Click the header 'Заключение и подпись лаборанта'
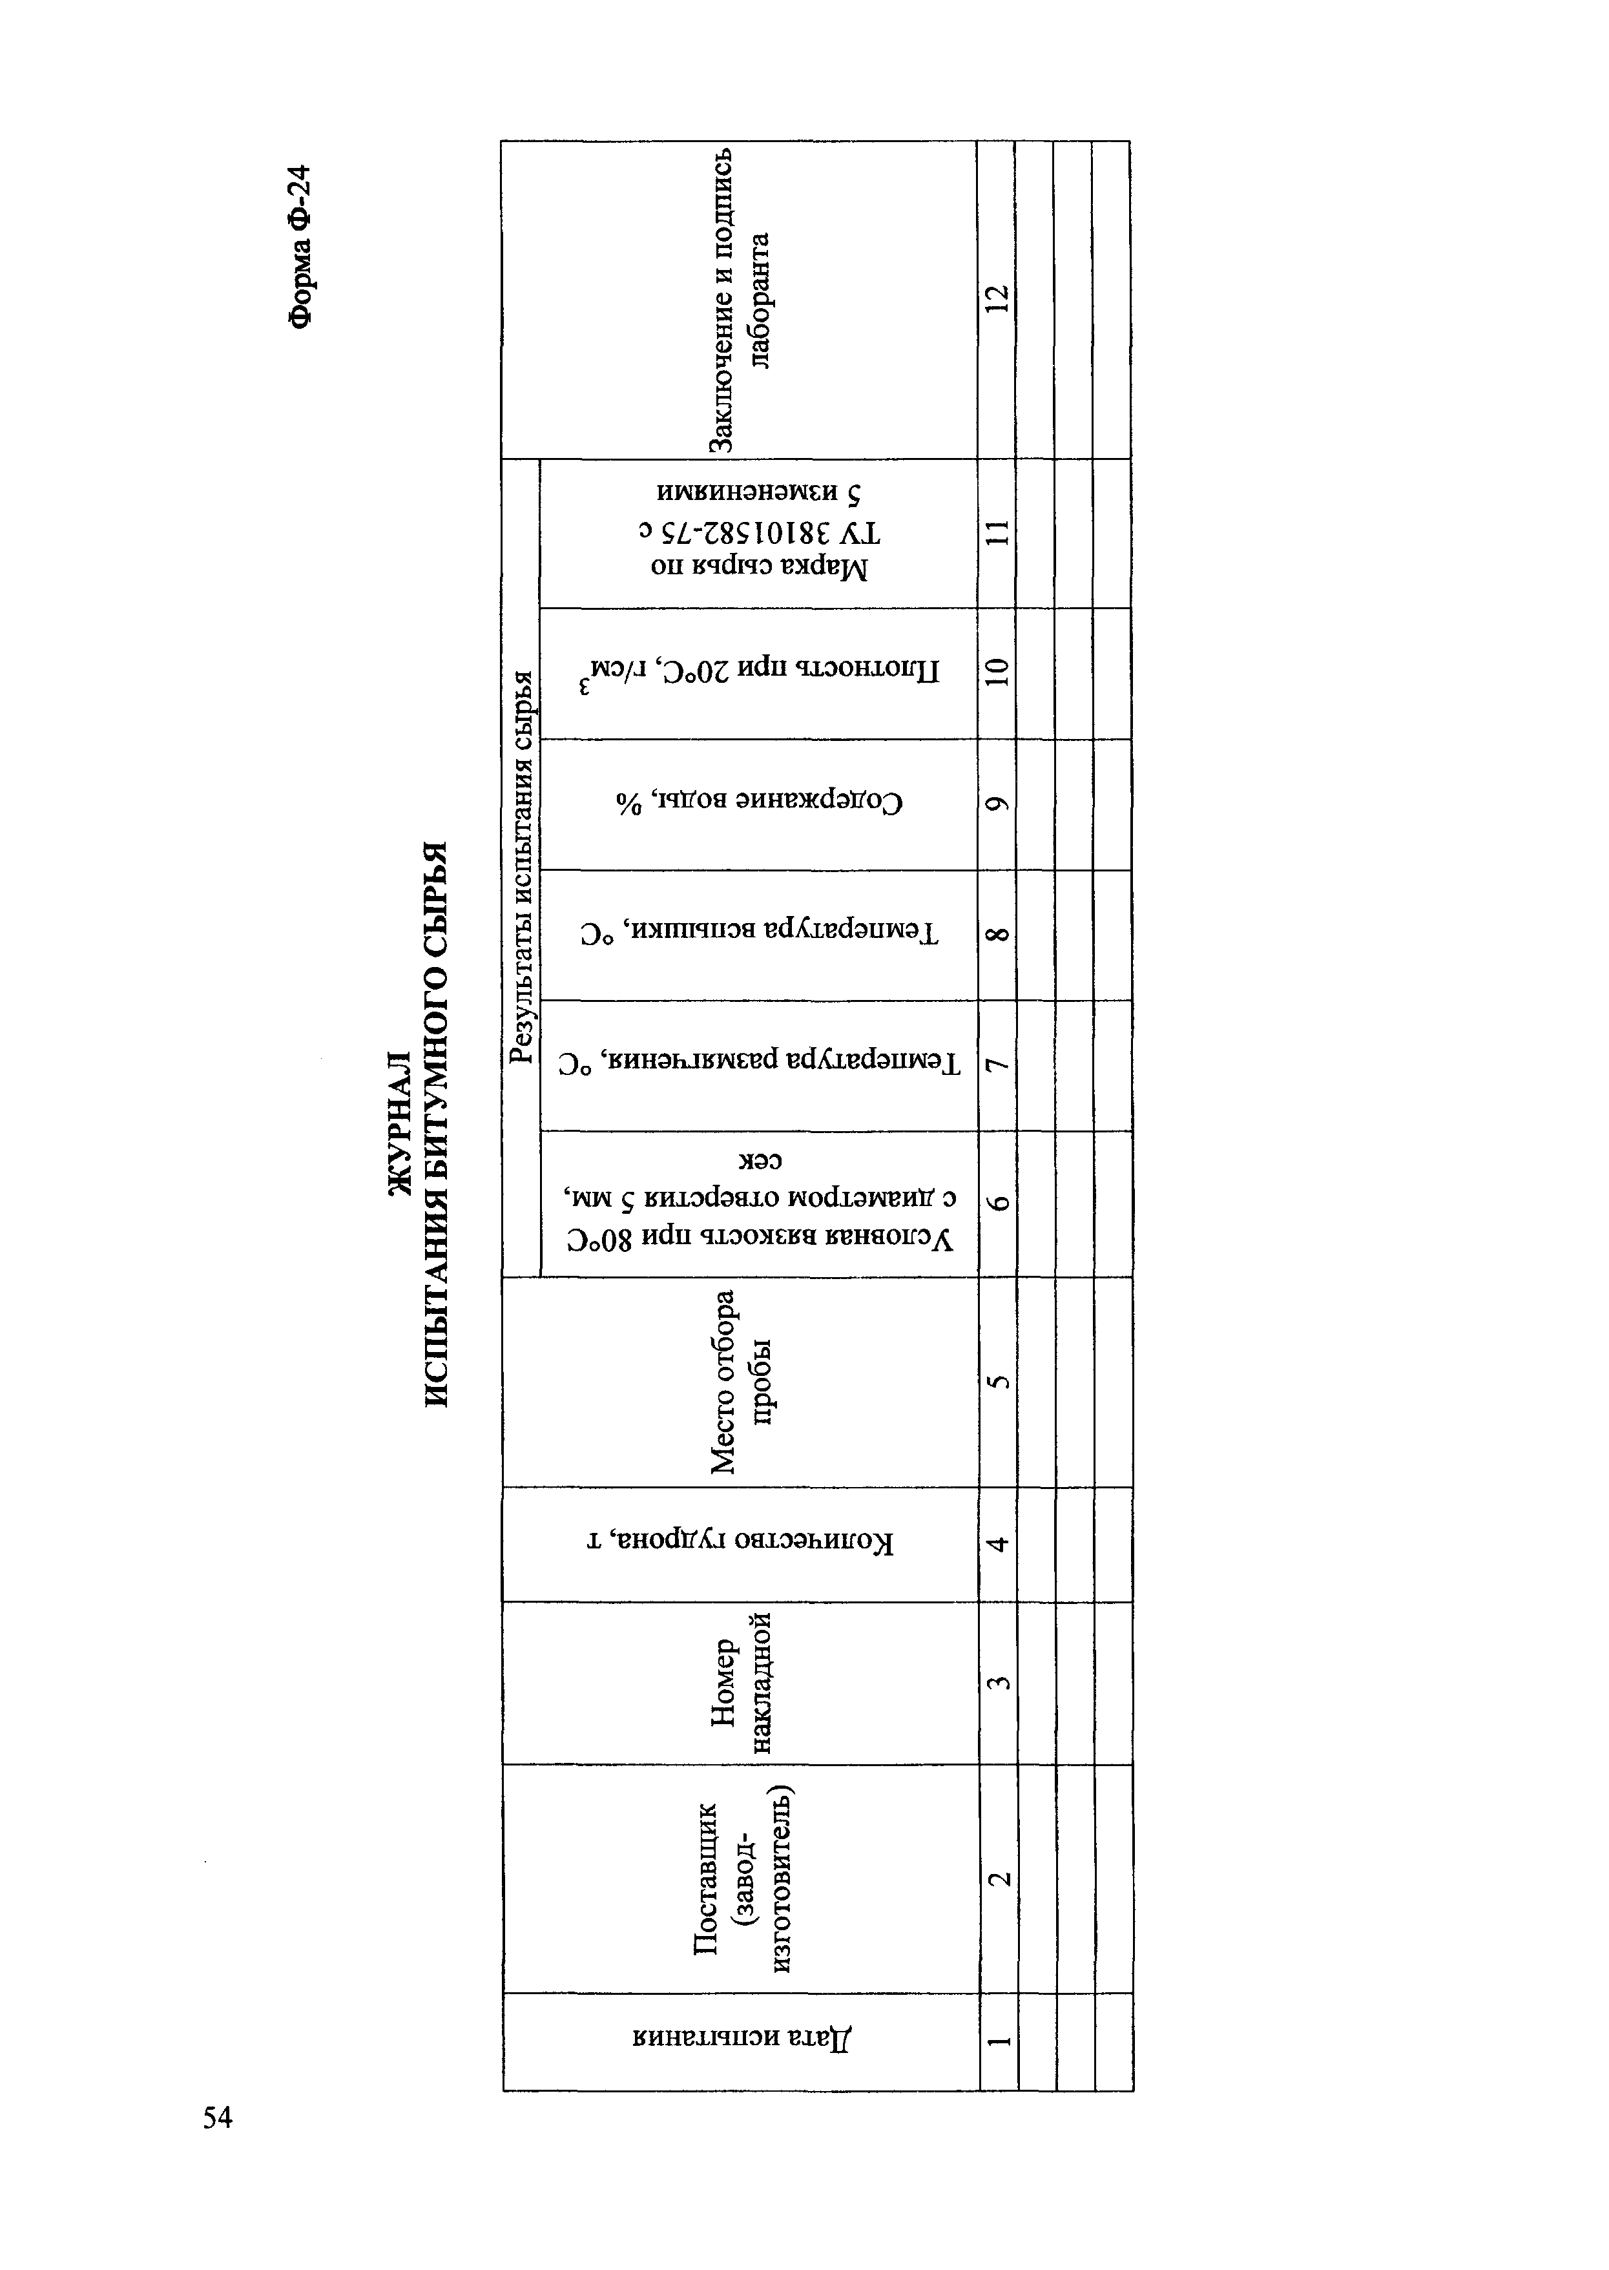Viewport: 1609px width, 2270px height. coord(740,299)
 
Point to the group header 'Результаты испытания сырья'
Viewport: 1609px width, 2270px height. coord(520,868)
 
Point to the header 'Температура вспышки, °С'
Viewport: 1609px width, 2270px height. coord(759,933)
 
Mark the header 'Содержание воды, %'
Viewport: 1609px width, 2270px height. coord(759,802)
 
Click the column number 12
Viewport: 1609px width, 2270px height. coord(997,299)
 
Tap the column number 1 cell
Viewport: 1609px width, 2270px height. coord(999,2041)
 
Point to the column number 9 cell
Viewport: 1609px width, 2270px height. coord(997,804)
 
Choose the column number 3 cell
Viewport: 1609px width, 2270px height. coord(999,1682)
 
